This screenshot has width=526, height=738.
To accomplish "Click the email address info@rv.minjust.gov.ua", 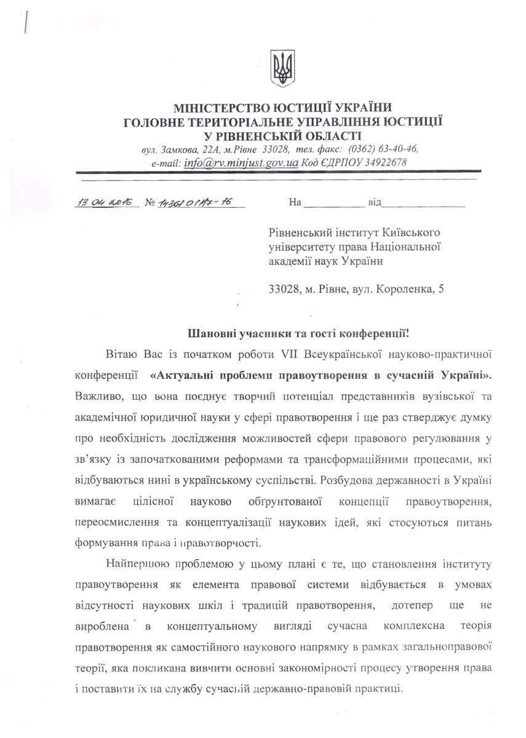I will pyautogui.click(x=241, y=164).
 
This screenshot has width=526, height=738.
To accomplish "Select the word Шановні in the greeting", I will pyautogui.click(x=208, y=334).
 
